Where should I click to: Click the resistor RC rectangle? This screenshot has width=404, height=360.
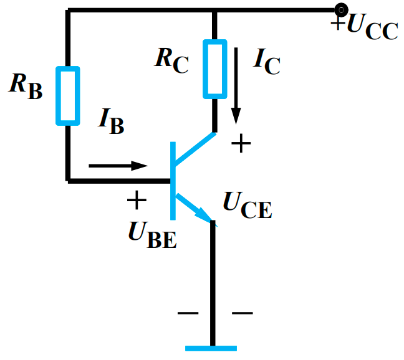(x=214, y=69)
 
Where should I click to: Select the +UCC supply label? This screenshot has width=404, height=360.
(x=364, y=27)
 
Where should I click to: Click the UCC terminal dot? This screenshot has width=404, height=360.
(x=341, y=10)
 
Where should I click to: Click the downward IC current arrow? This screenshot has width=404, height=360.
(x=236, y=87)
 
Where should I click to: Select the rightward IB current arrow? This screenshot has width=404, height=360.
(x=118, y=166)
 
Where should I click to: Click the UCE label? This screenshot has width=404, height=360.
(x=248, y=205)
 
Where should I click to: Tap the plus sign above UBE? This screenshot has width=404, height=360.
(x=137, y=201)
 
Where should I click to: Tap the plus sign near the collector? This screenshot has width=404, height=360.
(x=241, y=144)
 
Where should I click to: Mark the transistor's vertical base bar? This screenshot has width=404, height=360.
(x=172, y=181)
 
